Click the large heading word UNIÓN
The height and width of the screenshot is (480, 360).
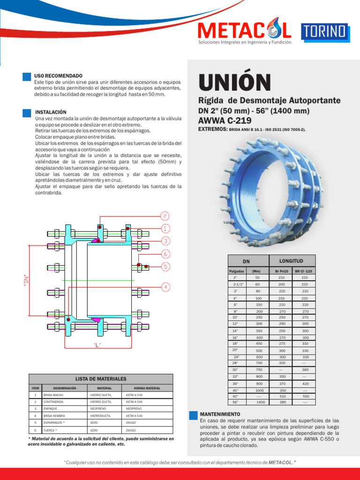235,82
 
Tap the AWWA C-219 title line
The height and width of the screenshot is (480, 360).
225,120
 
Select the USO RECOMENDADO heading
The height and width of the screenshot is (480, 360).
58,76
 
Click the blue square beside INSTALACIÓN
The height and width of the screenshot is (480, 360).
26,112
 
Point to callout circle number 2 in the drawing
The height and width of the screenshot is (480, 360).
165,216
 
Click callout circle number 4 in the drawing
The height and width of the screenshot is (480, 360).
166,286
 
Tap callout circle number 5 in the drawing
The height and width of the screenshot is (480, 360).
166,266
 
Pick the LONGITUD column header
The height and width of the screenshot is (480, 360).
292,261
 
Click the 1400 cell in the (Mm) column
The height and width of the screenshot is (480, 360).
261,402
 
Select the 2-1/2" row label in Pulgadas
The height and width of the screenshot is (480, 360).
235,285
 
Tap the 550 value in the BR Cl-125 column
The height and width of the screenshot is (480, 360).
305,396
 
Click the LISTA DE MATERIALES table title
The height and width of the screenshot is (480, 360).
101,378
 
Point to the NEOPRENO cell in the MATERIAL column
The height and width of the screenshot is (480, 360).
98,409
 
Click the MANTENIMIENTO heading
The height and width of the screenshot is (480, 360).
220,414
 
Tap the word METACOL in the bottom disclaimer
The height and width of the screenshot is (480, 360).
281,462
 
